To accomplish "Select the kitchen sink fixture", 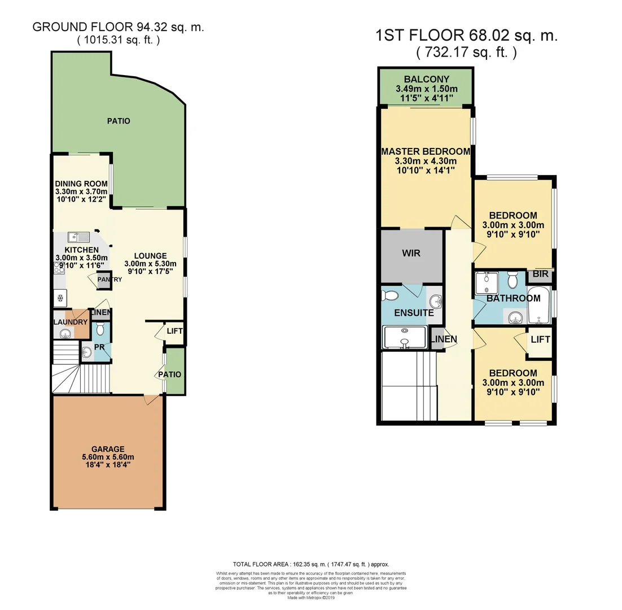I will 75,237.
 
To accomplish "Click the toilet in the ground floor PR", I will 100,329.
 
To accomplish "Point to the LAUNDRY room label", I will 71,322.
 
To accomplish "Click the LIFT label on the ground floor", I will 175,330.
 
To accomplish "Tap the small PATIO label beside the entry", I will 170,374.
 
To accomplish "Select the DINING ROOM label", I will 81,184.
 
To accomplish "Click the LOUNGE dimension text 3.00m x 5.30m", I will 150,263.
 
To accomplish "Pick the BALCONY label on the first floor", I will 426,79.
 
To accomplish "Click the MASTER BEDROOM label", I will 426,151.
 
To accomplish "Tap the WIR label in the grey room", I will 411,253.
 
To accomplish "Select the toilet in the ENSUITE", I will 390,295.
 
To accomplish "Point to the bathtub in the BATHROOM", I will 538,306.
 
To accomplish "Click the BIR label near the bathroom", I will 540,274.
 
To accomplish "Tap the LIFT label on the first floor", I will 540,339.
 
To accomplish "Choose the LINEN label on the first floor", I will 444,339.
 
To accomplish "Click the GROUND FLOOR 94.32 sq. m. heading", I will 118,27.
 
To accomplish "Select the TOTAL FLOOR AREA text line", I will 311,564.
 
